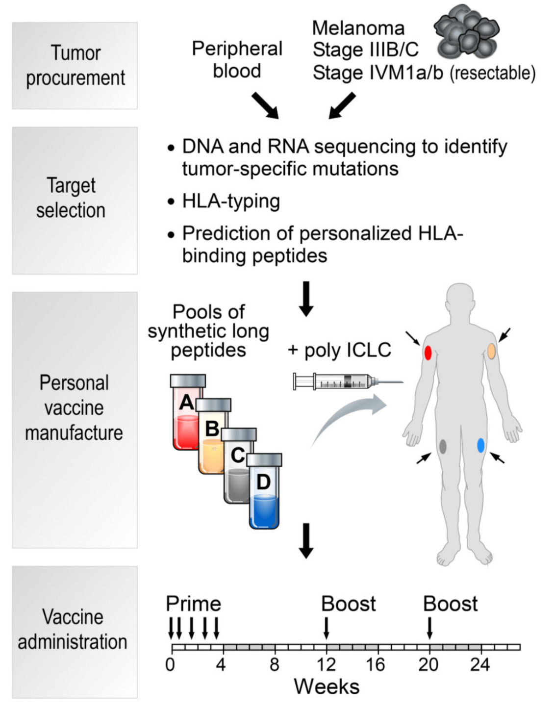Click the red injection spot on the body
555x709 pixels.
(x=428, y=353)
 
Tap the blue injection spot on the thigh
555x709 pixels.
(x=481, y=445)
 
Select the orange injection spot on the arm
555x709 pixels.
(x=491, y=351)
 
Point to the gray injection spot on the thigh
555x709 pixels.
(x=443, y=446)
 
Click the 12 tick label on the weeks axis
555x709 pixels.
(x=326, y=665)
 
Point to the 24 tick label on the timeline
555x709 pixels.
(x=480, y=665)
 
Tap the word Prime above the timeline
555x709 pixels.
(x=194, y=604)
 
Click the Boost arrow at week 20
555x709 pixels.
(x=429, y=628)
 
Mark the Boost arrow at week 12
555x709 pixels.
(x=327, y=628)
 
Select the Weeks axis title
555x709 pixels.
(x=327, y=687)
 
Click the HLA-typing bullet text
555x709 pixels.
(x=230, y=201)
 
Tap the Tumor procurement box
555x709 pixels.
(x=75, y=66)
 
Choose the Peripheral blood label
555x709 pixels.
(x=237, y=59)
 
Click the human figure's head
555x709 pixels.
(x=460, y=300)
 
